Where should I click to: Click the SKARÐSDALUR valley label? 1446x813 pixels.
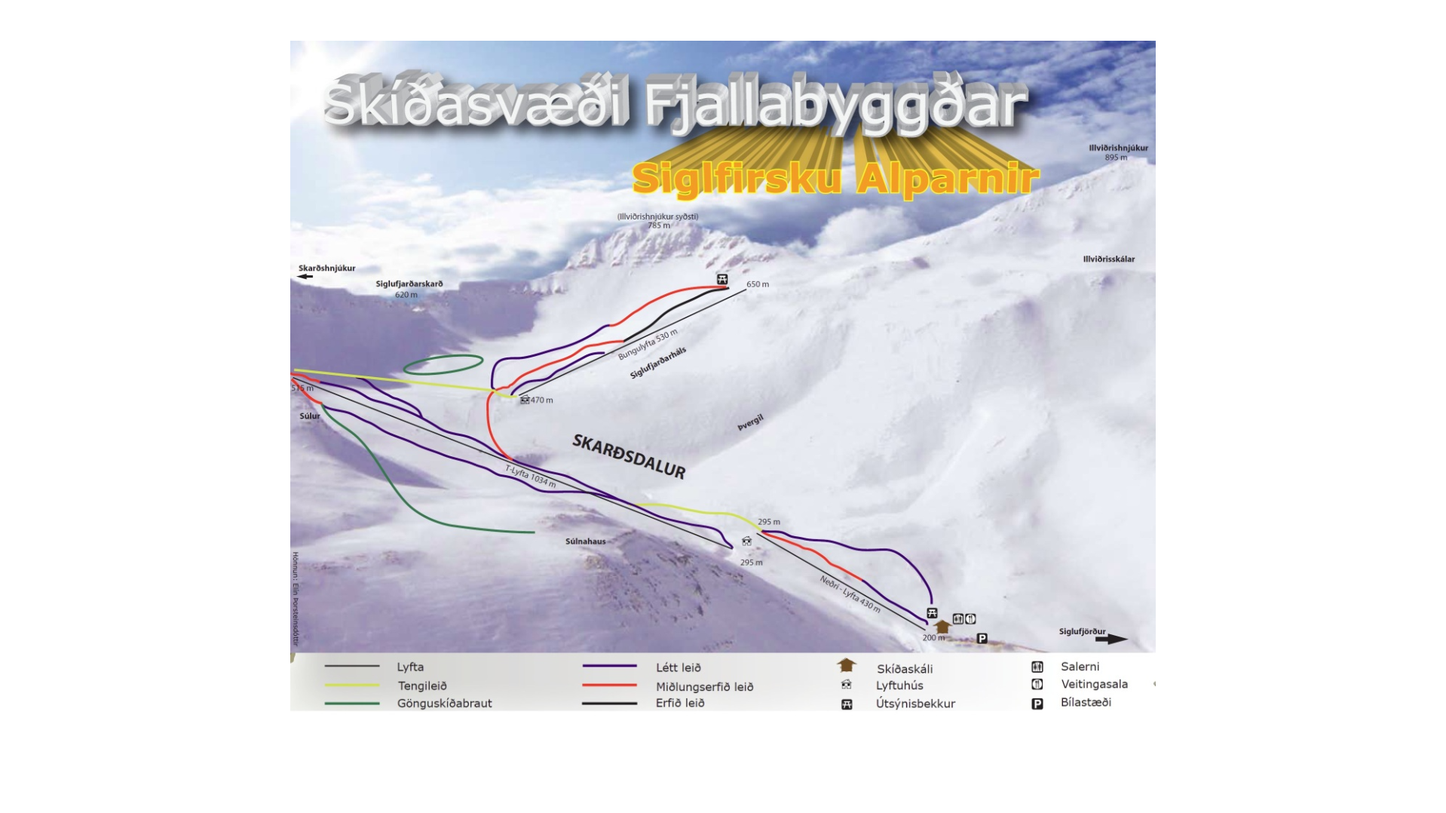pos(629,456)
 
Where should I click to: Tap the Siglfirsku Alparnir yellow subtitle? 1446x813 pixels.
pos(835,179)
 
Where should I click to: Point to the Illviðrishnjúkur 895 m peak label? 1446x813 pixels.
pos(1117,152)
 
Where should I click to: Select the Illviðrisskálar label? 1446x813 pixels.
pos(1108,259)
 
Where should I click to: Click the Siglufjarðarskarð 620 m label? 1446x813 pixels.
pos(409,289)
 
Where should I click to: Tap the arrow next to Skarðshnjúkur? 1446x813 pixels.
pos(305,277)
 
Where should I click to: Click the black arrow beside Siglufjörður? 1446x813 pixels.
pos(1111,640)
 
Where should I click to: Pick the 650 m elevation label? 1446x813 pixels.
pos(758,284)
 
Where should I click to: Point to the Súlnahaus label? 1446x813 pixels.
pos(585,541)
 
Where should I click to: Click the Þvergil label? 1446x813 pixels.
pos(750,422)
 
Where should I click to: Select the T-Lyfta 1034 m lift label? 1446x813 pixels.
pos(530,476)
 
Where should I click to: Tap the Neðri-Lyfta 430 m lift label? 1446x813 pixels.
pos(850,594)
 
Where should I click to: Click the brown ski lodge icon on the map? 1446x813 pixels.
pos(942,627)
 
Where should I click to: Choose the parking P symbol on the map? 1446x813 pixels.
pos(982,639)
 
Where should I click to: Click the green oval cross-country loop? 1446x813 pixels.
pos(443,365)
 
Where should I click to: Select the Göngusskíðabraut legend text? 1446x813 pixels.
pos(444,704)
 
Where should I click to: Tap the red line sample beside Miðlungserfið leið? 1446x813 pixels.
pos(609,686)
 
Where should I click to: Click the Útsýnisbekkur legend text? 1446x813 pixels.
pos(915,704)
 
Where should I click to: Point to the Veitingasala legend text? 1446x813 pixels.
pos(1094,685)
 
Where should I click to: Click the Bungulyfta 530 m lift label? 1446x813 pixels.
pos(648,345)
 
